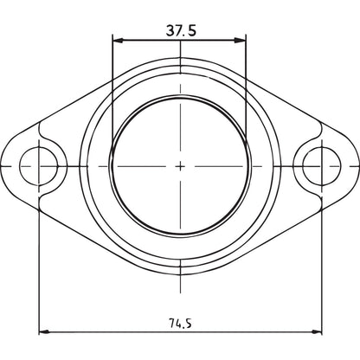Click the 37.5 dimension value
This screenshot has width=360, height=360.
coord(181,30)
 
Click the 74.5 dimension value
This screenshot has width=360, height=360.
coord(180,323)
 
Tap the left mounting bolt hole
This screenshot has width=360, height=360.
coord(39,166)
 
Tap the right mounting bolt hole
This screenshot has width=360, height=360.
coord(322,166)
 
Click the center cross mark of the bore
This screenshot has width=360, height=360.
coord(180,166)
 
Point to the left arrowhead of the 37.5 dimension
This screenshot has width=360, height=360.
coord(118,41)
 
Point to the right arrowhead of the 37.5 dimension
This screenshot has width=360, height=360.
coord(241,41)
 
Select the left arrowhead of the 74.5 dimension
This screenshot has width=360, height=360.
coord(44,332)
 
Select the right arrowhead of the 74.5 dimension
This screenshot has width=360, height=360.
coord(316,332)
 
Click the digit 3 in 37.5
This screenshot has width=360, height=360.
coord(170,30)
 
